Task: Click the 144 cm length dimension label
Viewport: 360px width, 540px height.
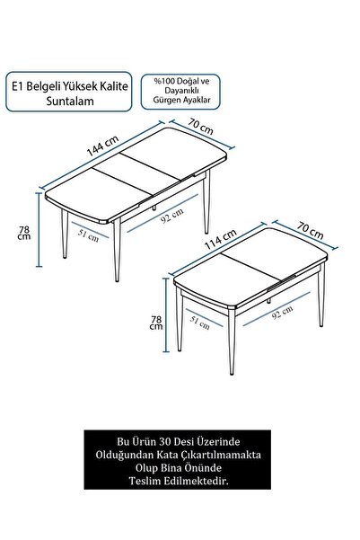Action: click(102, 146)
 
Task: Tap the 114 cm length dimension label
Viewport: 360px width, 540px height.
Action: click(221, 240)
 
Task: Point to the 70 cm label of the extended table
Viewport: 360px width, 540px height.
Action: click(201, 126)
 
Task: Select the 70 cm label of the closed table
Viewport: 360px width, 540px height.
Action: click(310, 231)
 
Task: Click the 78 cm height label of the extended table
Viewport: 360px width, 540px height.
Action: click(24, 233)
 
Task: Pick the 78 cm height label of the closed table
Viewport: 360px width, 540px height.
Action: click(156, 323)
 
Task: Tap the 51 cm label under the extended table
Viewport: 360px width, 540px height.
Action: click(88, 235)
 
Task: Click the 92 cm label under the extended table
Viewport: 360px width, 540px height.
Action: click(171, 215)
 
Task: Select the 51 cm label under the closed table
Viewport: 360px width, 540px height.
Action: click(199, 323)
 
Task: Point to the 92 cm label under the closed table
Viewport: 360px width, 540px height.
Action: click(282, 312)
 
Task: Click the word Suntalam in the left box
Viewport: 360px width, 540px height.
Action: click(70, 102)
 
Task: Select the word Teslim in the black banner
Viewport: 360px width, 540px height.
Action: click(145, 481)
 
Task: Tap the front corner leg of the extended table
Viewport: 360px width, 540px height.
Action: click(117, 250)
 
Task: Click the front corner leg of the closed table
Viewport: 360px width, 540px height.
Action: click(232, 341)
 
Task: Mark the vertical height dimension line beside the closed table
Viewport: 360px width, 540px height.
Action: click(166, 315)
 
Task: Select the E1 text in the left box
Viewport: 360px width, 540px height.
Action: click(18, 86)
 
